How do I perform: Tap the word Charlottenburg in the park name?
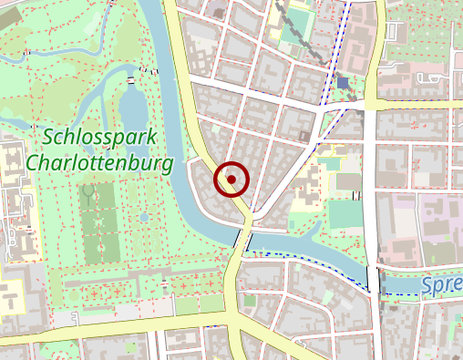click(x=100, y=164)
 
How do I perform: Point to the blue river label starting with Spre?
click(x=442, y=286)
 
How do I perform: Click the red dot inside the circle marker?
click(x=231, y=180)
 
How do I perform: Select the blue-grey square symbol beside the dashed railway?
click(x=343, y=83)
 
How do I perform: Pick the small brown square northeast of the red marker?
click(x=304, y=136)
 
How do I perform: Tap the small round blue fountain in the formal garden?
click(x=144, y=218)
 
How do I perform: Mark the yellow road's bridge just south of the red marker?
click(x=242, y=239)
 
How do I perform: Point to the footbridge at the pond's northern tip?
click(x=133, y=81)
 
